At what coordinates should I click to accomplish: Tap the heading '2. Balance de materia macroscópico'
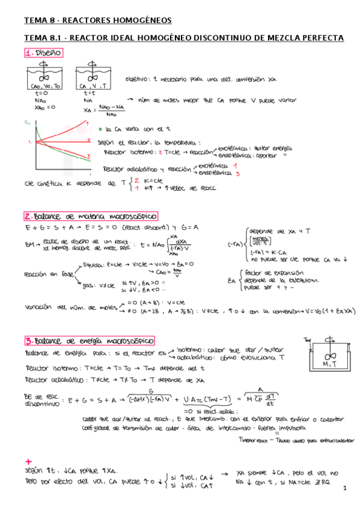(x=91, y=216)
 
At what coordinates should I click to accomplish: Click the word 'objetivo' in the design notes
(x=139, y=79)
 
